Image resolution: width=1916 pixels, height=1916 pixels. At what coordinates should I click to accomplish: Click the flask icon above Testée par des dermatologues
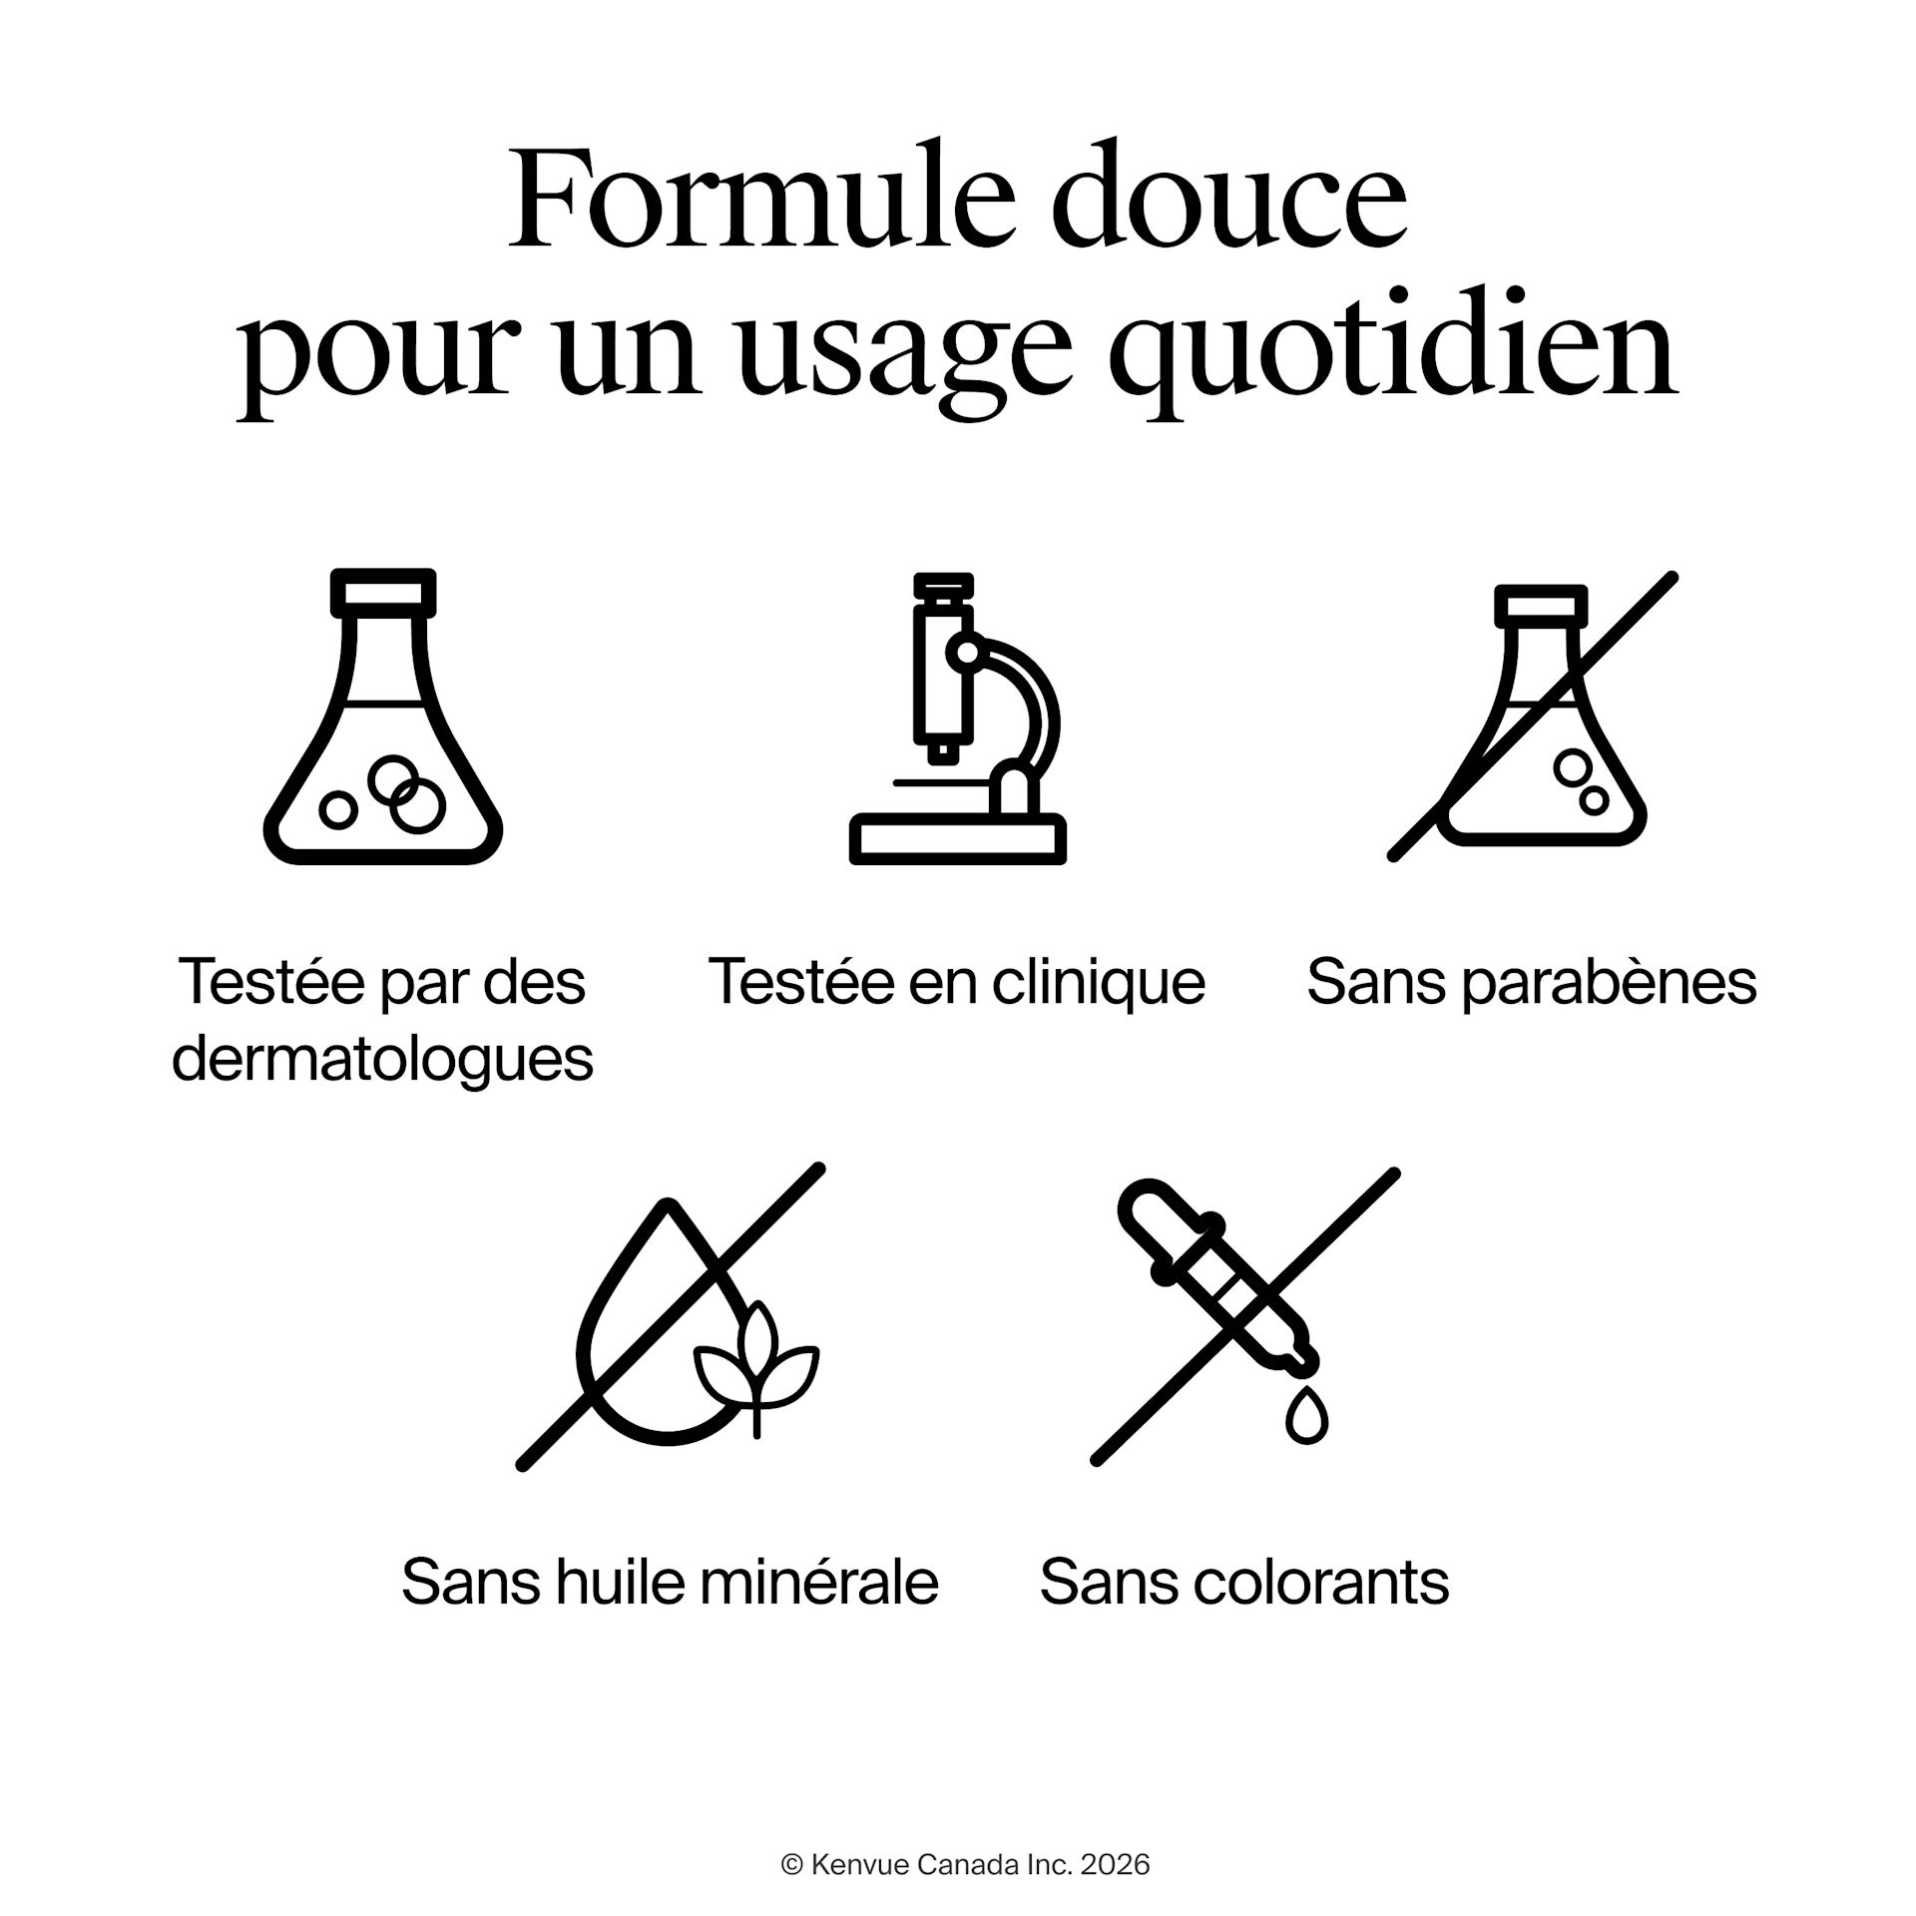tap(383, 716)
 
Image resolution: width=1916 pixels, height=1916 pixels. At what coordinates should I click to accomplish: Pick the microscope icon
tap(958, 718)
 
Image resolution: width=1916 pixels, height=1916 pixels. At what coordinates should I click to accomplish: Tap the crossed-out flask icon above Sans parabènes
tap(1533, 716)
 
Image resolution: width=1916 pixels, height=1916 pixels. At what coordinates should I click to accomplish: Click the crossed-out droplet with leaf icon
tap(671, 1316)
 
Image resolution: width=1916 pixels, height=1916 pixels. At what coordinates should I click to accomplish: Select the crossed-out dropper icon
tap(1245, 1316)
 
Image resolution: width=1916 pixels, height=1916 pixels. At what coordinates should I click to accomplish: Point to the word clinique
tap(1099, 982)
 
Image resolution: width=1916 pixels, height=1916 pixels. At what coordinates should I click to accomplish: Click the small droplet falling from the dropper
tap(1305, 1416)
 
